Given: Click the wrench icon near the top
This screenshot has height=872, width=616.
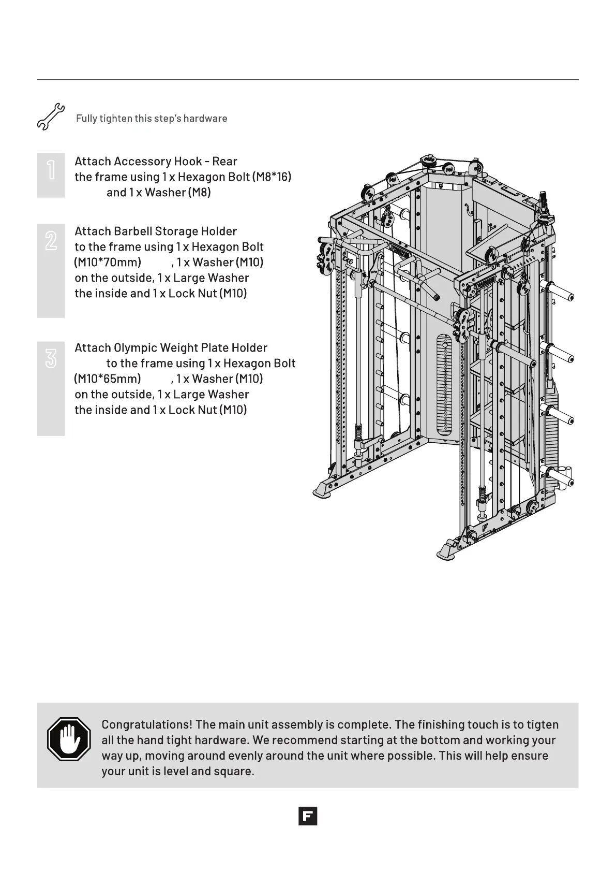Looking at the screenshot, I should tap(50, 117).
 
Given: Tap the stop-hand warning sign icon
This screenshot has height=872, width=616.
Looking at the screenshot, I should tap(69, 739).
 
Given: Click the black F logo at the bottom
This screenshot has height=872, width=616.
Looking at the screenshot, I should tap(308, 816).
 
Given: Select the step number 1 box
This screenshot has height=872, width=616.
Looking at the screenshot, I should tap(51, 175).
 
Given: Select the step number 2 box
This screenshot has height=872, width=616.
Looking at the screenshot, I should tap(51, 270).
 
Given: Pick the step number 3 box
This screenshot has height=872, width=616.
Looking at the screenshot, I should tap(51, 388).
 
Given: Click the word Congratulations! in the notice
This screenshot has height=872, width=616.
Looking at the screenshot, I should tap(147, 724).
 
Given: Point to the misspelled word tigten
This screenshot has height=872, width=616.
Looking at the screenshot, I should tap(542, 724).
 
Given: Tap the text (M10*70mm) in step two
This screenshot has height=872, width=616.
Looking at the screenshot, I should tap(108, 263).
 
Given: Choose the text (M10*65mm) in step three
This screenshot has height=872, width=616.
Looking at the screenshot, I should tap(108, 379).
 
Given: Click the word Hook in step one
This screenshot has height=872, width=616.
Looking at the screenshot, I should tap(188, 162).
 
